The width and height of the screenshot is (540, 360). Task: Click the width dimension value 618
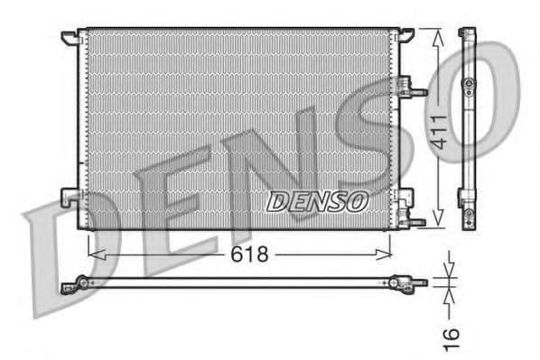tap(250, 255)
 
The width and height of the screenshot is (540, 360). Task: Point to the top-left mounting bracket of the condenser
tap(70, 37)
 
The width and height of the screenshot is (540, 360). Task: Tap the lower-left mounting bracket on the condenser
tap(70, 196)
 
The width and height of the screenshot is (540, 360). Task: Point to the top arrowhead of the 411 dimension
tap(438, 34)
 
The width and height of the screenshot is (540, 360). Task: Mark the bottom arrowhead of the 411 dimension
tap(438, 221)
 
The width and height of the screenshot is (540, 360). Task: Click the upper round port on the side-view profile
tap(468, 84)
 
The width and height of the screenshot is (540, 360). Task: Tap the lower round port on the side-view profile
tap(468, 215)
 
